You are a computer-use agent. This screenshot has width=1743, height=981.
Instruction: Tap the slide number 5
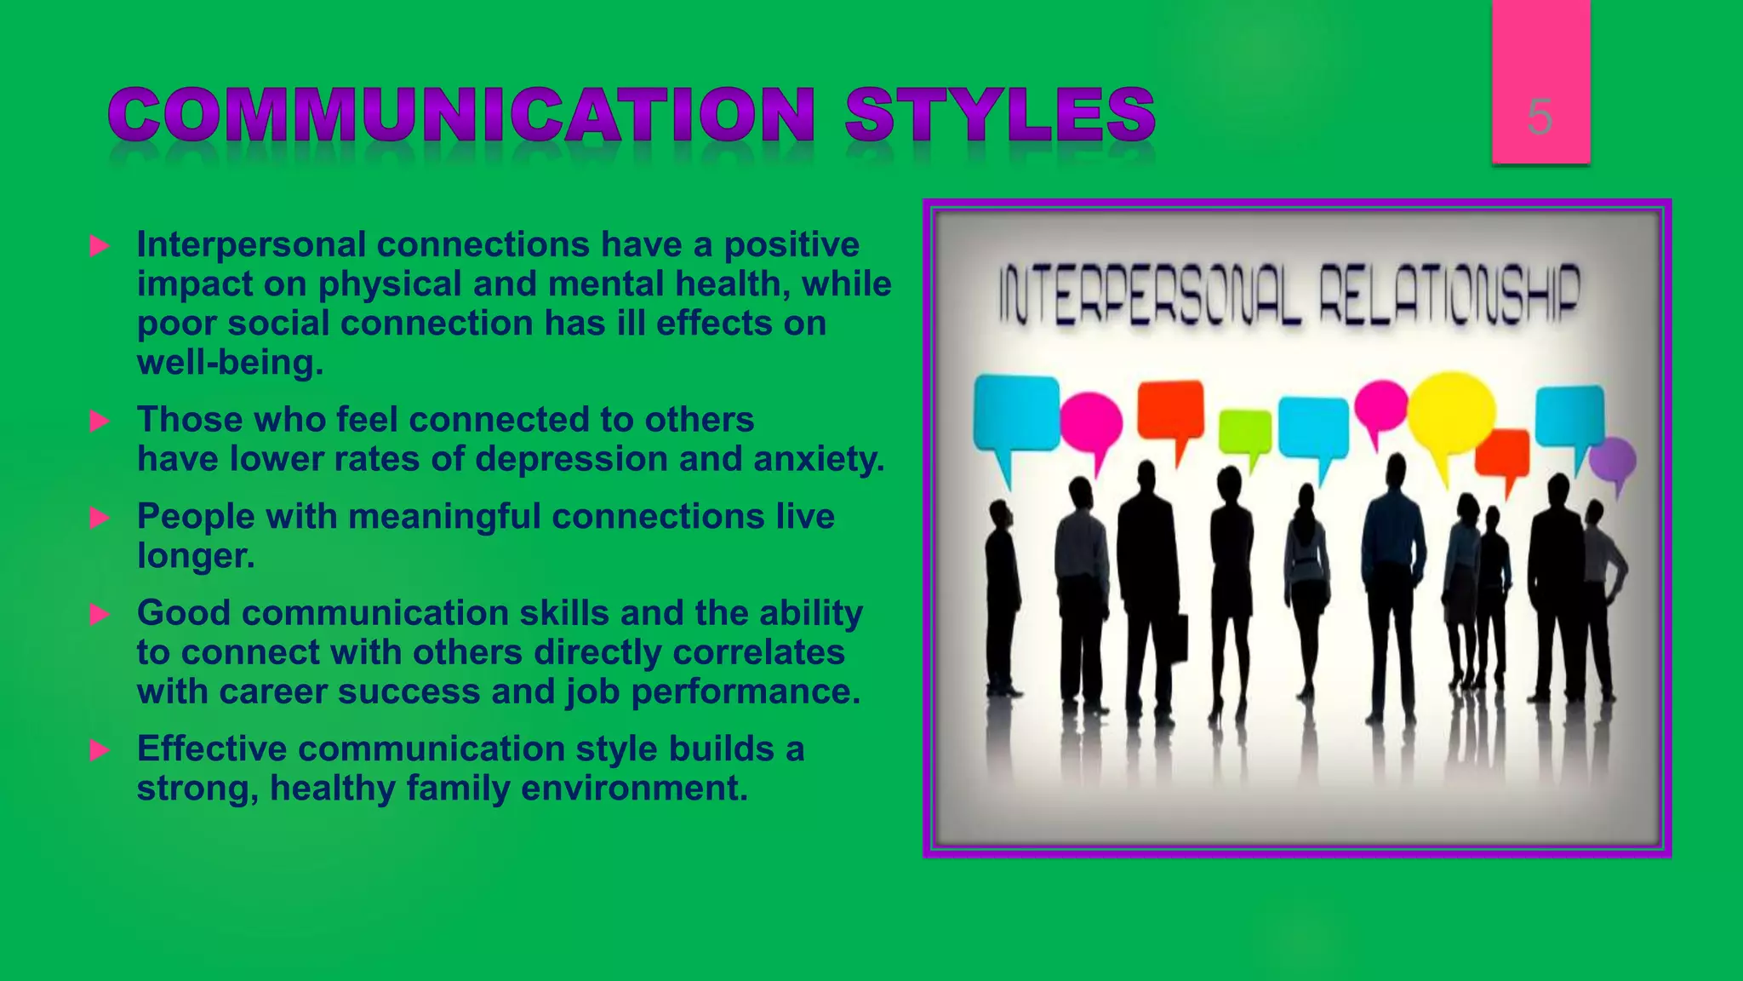pyautogui.click(x=1540, y=117)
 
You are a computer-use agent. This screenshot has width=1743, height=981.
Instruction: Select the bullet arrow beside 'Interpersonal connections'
pyautogui.click(x=100, y=246)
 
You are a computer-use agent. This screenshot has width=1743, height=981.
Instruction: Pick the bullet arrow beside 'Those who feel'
pyautogui.click(x=100, y=421)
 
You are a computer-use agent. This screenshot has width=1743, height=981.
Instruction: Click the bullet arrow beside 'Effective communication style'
pyautogui.click(x=100, y=750)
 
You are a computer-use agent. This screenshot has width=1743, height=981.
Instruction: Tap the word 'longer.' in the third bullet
pyautogui.click(x=196, y=556)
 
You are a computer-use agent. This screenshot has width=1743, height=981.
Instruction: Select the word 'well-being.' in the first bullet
pyautogui.click(x=231, y=363)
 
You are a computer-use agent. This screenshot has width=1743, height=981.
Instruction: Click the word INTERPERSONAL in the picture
pyautogui.click(x=1149, y=295)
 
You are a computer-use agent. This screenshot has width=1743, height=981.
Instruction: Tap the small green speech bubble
pyautogui.click(x=1245, y=431)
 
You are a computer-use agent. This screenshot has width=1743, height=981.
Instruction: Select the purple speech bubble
pyautogui.click(x=1613, y=461)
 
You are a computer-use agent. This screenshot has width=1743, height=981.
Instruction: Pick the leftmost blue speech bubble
pyautogui.click(x=1016, y=413)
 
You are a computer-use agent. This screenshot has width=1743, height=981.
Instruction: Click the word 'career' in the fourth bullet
pyautogui.click(x=272, y=691)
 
